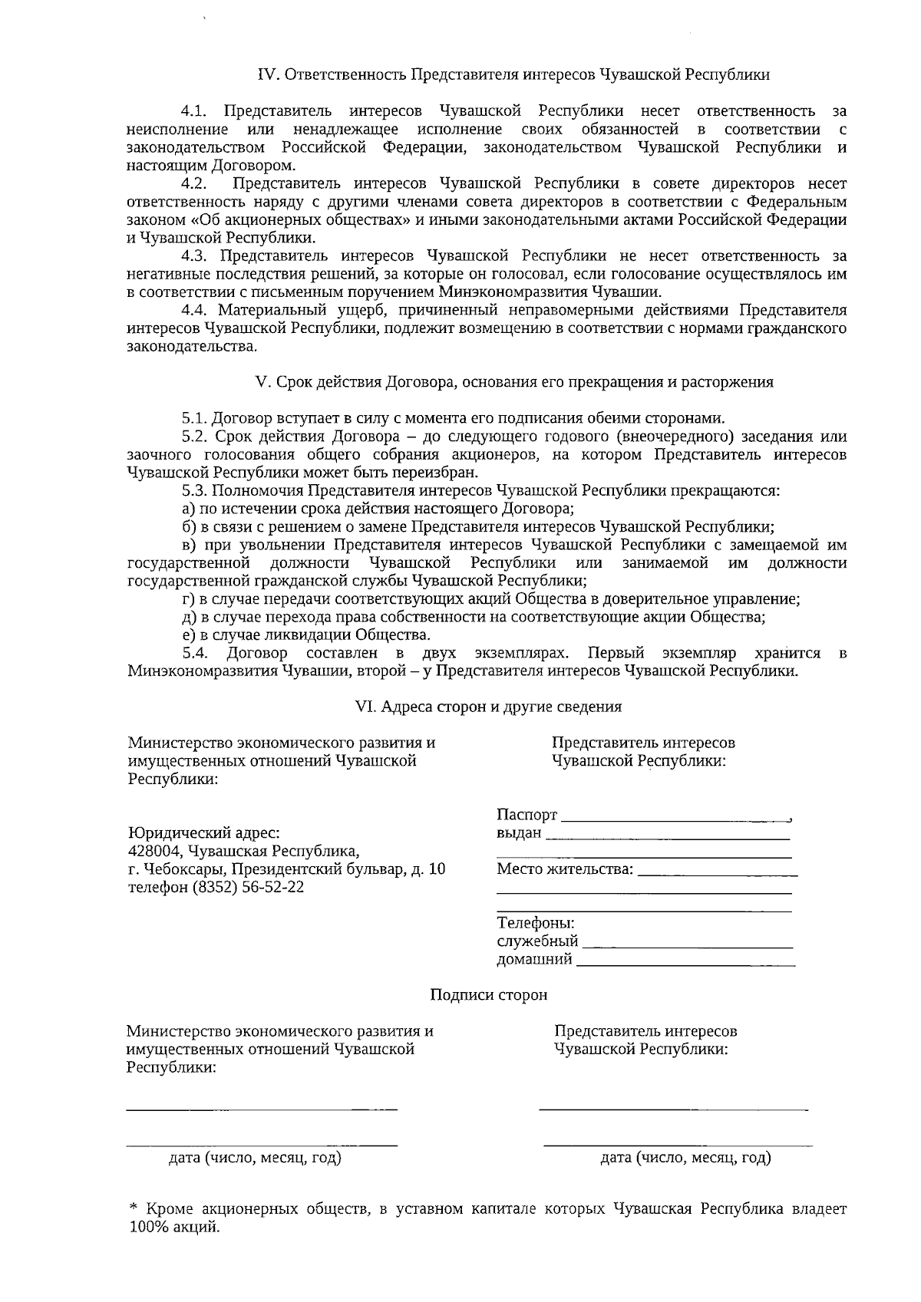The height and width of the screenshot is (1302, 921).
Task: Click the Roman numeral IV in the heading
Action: point(266,75)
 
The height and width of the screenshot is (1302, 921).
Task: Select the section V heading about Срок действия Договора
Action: point(514,382)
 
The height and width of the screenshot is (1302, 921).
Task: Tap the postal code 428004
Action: point(154,852)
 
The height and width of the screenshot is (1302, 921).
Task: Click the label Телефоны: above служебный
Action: point(536,924)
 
